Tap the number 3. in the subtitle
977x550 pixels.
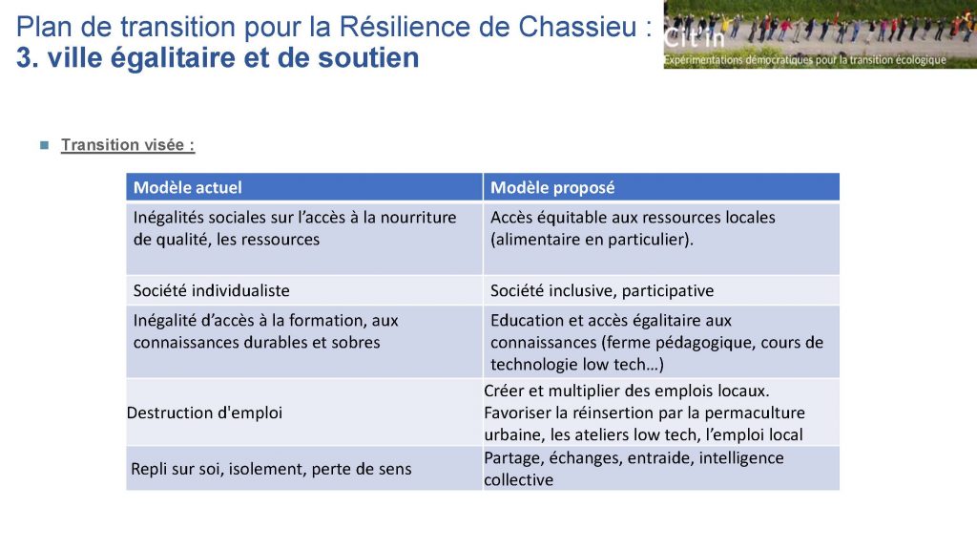click(28, 57)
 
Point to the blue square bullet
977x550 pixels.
click(44, 145)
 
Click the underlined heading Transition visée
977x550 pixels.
click(128, 145)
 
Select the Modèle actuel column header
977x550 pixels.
click(188, 188)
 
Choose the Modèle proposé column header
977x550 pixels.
click(552, 188)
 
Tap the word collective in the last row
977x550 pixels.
click(518, 479)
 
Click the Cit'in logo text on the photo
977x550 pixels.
click(695, 38)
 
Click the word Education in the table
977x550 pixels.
click(527, 321)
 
